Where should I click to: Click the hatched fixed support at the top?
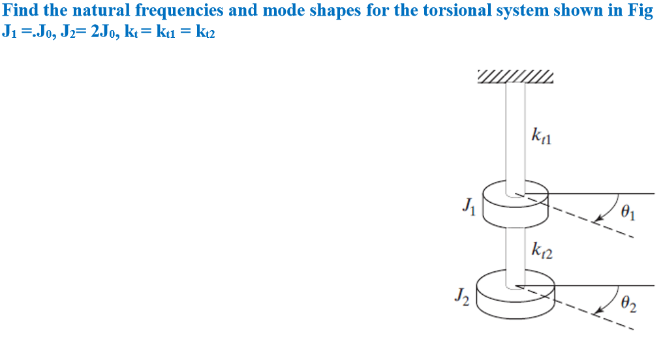pos(516,76)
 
